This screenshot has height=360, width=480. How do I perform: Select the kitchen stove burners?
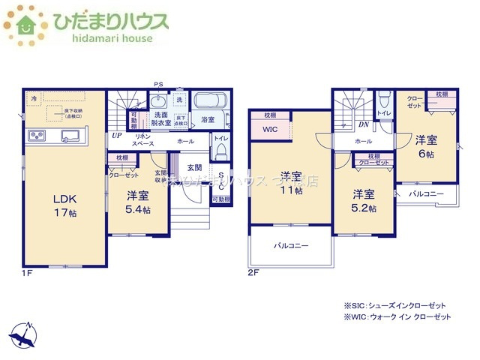tap(37, 136)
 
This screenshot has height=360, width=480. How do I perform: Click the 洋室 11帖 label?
tap(292, 182)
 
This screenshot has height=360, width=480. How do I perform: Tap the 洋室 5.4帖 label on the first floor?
tap(136, 202)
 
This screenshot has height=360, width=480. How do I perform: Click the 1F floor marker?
tap(27, 273)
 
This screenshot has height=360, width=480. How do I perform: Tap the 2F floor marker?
tap(253, 273)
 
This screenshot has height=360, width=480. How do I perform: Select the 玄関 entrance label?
tap(194, 167)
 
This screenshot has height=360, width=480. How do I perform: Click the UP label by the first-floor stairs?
tap(117, 136)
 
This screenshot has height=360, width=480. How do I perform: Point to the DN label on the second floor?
tap(364, 124)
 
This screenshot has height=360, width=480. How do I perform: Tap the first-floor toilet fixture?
tap(220, 150)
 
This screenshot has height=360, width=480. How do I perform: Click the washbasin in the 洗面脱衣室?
tap(160, 103)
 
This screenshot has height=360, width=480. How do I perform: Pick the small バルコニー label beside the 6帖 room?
tap(426, 193)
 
